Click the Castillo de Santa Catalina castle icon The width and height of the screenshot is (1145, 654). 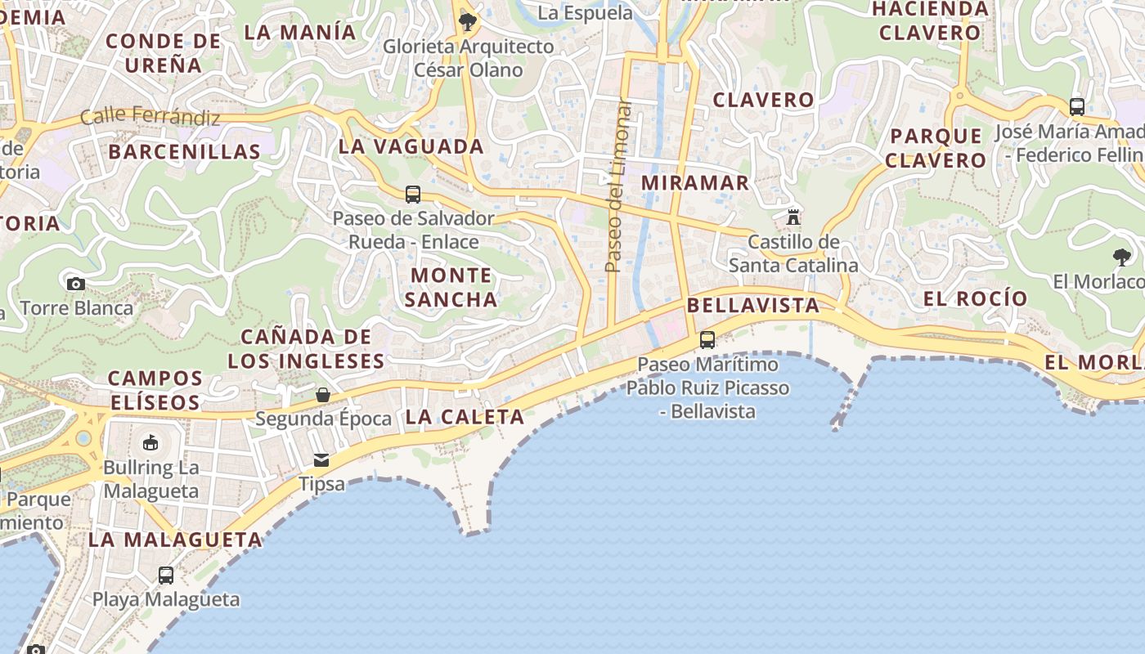[x=793, y=217]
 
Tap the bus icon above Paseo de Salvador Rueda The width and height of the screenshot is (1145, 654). [x=413, y=195]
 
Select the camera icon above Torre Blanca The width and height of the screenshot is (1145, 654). [x=76, y=284]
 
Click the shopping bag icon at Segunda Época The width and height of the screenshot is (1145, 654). [x=323, y=395]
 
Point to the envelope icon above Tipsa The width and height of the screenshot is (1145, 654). [x=321, y=459]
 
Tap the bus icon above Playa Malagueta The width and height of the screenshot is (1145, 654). [x=166, y=575]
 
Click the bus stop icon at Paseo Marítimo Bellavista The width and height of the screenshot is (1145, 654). [x=707, y=339]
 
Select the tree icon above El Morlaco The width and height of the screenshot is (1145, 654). [x=1122, y=258]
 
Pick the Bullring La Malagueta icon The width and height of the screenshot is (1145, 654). [x=150, y=443]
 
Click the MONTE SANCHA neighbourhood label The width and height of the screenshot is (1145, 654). [x=451, y=287]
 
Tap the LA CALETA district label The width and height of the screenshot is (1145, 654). [x=465, y=417]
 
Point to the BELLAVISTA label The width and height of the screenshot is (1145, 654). [x=753, y=306]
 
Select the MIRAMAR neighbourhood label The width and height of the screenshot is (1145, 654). [x=695, y=182]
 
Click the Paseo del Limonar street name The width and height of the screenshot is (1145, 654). [x=618, y=186]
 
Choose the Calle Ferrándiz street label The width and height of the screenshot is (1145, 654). [x=150, y=117]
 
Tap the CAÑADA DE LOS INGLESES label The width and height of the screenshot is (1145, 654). [x=306, y=348]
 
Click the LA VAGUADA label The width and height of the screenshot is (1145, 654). [x=411, y=147]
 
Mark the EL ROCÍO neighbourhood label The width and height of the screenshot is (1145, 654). [x=975, y=298]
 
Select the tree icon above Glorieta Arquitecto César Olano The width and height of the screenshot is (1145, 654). [x=468, y=21]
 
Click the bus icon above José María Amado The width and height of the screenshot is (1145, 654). [x=1077, y=106]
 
